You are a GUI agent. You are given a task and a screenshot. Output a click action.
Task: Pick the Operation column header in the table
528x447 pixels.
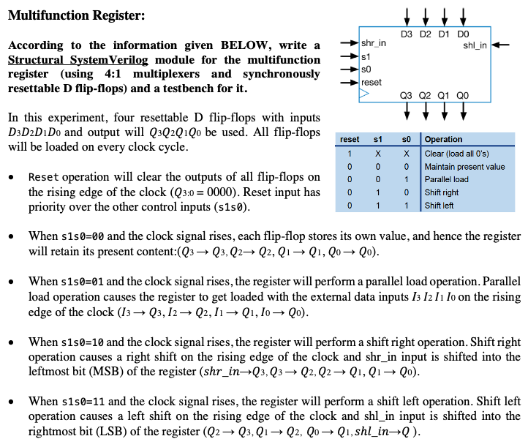443,139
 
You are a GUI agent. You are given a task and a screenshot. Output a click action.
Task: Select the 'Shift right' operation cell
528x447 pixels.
440,192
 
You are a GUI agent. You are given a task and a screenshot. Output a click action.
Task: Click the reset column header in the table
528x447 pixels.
350,139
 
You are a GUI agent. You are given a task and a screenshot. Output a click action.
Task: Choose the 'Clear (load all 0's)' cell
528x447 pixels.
457,154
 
